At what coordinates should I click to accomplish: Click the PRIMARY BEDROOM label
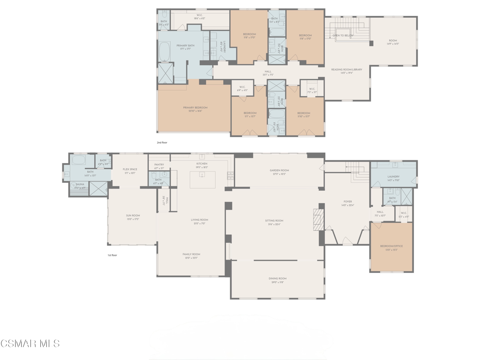[x=195, y=108]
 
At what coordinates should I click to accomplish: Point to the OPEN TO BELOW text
[x=343, y=36]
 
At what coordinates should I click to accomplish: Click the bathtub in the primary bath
[x=165, y=52]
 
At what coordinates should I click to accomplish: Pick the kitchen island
[x=202, y=180]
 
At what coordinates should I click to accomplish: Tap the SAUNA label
[x=80, y=184]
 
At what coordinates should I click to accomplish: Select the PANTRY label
[x=159, y=165]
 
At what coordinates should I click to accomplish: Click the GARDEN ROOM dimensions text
[x=279, y=174]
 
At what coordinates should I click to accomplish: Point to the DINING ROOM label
[x=277, y=278]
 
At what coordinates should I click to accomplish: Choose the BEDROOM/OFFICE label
[x=391, y=246]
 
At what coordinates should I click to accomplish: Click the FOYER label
[x=347, y=202]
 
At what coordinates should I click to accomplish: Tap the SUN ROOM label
[x=133, y=216]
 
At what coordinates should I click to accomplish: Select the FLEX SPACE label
[x=130, y=169]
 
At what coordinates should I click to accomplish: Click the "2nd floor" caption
[x=162, y=142]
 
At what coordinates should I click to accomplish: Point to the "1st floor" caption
[x=112, y=255]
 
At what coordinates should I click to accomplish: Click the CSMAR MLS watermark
[x=30, y=344]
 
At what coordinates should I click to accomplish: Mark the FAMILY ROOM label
[x=191, y=254]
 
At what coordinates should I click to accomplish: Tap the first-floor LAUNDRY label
[x=393, y=177]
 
